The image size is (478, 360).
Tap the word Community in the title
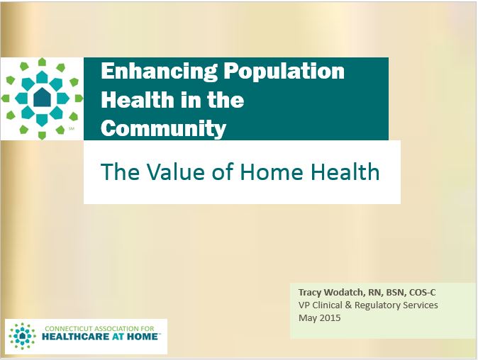tap(164, 128)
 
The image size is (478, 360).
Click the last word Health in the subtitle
tap(345, 172)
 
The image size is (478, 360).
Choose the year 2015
tap(330, 318)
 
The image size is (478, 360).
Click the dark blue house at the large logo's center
tap(43, 98)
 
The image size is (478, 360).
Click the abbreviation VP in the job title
tap(304, 305)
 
